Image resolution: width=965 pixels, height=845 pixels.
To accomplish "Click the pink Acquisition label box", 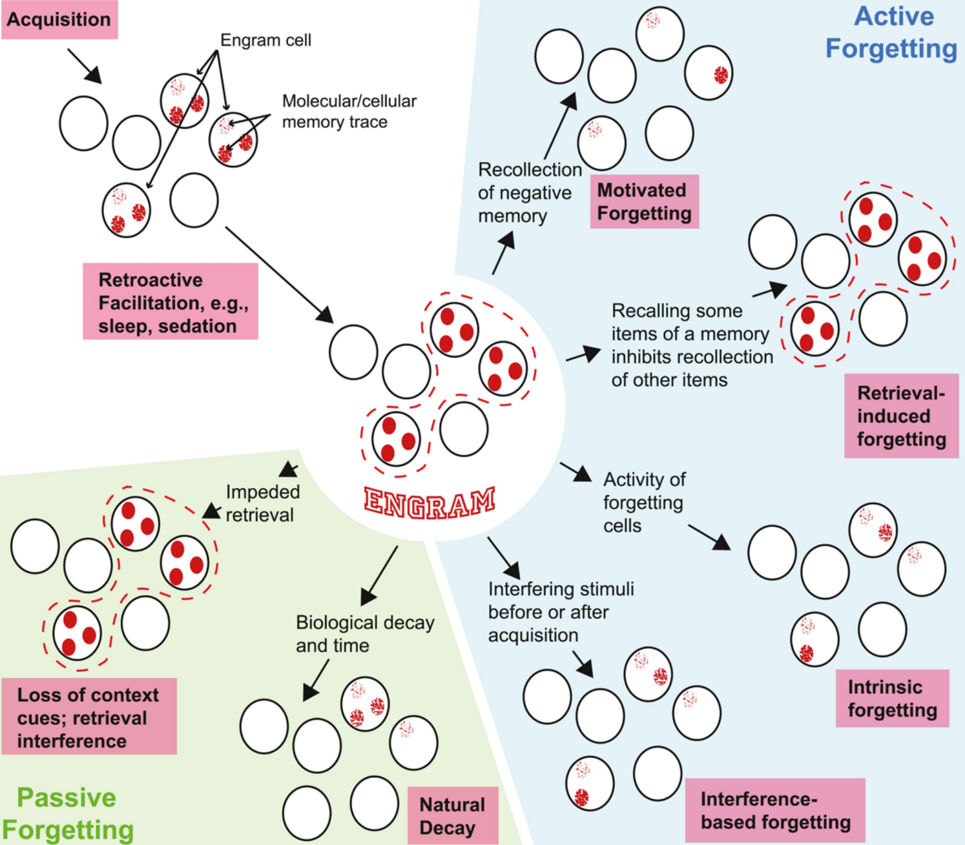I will coord(59,19).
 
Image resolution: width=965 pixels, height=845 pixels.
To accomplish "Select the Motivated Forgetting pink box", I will coord(644,201).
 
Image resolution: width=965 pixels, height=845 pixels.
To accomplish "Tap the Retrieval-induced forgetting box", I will coord(901,416).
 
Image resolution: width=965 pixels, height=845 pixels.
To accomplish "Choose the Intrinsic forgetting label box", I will coord(892,698).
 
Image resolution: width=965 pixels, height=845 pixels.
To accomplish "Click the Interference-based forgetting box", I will coord(775,811).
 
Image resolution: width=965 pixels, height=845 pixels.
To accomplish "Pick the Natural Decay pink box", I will coord(452,816).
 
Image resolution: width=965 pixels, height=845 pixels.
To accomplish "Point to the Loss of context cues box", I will coord(88,717).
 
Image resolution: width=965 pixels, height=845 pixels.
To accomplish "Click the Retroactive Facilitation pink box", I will coord(171,302).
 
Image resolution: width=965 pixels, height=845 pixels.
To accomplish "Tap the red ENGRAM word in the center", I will coord(430,503).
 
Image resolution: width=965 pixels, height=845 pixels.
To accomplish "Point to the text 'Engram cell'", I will coord(265,40).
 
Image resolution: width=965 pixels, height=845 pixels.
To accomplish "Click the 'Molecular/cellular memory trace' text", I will coord(349,111).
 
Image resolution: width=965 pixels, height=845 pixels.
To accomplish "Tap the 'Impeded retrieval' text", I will coord(262,503).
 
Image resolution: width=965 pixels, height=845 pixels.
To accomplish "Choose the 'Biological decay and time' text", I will coord(364,633).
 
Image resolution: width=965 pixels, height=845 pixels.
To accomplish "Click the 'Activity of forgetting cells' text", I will coord(643,502).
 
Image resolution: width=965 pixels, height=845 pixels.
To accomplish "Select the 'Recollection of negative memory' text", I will coord(529,192).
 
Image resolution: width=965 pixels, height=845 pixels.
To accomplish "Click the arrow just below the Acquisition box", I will coord(85,65).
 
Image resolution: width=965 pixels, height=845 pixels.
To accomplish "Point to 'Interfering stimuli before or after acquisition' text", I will coord(561,611).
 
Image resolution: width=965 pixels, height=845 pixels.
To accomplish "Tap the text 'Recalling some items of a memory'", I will coord(690,322).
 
